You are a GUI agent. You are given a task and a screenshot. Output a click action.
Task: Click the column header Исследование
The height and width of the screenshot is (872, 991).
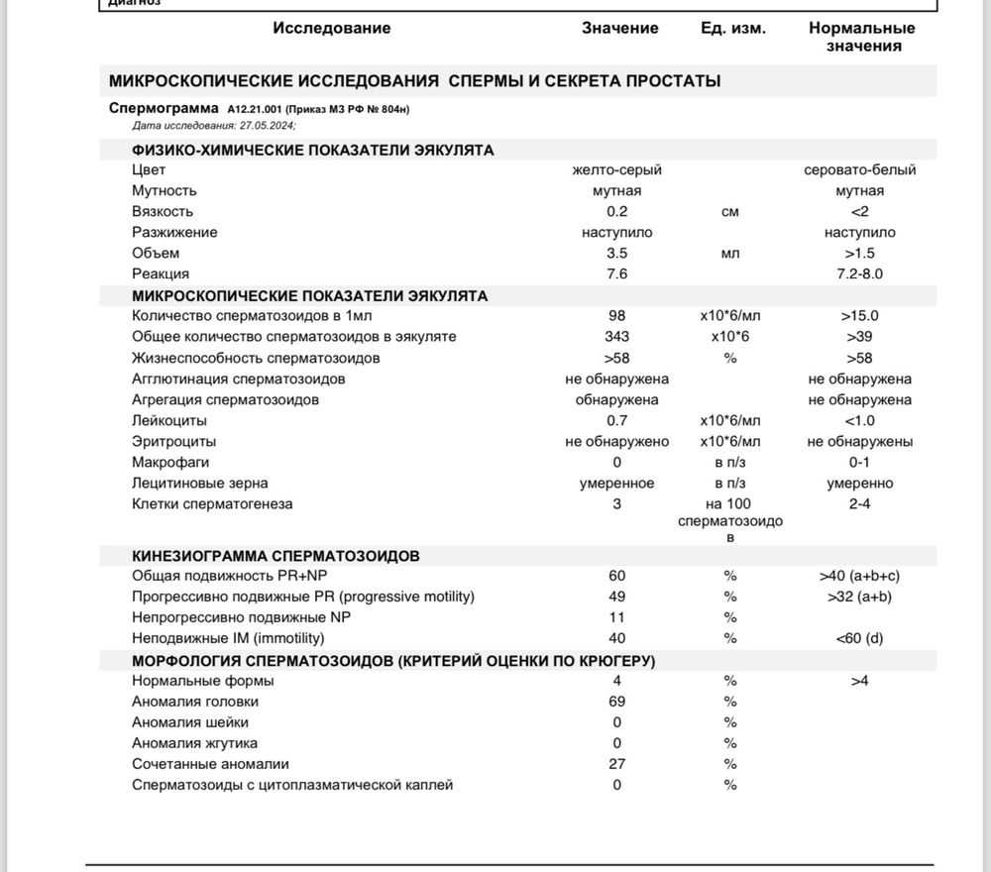(x=332, y=29)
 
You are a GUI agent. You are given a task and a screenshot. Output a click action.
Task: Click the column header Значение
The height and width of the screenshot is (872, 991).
(x=619, y=29)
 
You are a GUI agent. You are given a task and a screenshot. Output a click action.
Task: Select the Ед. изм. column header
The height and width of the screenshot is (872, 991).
(x=732, y=29)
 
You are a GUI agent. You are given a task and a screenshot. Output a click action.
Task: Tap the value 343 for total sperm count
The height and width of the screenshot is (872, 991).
(x=616, y=337)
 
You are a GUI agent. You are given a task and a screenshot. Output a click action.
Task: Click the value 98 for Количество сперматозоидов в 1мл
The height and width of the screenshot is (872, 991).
(x=616, y=316)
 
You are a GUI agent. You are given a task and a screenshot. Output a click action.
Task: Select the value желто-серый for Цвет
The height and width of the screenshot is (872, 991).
(x=616, y=170)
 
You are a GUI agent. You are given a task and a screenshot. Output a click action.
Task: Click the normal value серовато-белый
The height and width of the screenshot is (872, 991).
(x=859, y=170)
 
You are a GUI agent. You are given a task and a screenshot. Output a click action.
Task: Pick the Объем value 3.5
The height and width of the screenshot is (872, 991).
(x=616, y=254)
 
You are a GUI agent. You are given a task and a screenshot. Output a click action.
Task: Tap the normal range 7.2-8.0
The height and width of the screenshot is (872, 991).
(x=859, y=274)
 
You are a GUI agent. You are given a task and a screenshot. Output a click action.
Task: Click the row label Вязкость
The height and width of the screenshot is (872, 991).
(x=163, y=212)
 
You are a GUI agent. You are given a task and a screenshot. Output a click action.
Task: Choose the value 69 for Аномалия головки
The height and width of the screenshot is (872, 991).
(x=616, y=703)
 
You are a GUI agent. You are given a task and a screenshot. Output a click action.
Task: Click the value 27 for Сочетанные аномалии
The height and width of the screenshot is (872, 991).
(x=616, y=765)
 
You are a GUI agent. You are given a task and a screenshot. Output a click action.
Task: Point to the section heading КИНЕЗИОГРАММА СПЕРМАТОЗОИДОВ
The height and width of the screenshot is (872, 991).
(x=275, y=557)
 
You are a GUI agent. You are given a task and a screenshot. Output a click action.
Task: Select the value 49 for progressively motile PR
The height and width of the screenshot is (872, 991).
(x=616, y=598)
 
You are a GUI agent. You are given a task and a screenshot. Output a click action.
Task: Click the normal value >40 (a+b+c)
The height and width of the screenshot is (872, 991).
(x=859, y=577)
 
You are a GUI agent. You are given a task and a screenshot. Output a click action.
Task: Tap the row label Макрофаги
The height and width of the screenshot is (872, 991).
(x=170, y=463)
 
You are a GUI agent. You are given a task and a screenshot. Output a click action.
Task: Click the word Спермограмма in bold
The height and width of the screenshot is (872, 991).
(x=164, y=108)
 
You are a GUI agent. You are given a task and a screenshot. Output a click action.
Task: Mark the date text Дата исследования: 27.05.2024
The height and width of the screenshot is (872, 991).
(x=214, y=126)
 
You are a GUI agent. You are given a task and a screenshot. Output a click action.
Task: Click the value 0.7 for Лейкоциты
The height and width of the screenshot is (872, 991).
(x=616, y=421)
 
